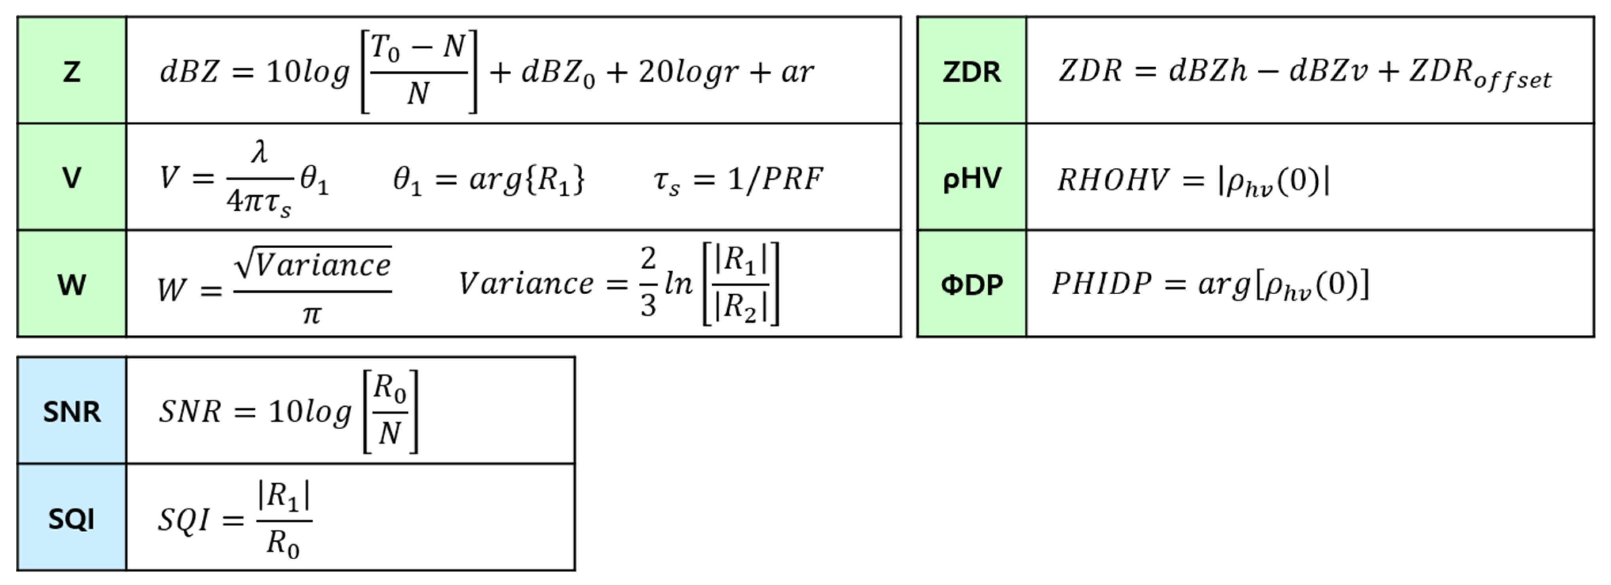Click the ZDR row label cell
pyautogui.click(x=971, y=71)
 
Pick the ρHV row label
pyautogui.click(x=971, y=178)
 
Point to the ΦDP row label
pyautogui.click(x=971, y=285)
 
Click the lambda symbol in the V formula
pyautogui.click(x=260, y=152)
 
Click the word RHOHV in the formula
pyautogui.click(x=1113, y=180)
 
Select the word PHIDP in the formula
pyautogui.click(x=1101, y=284)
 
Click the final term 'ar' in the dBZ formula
pyautogui.click(x=797, y=72)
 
